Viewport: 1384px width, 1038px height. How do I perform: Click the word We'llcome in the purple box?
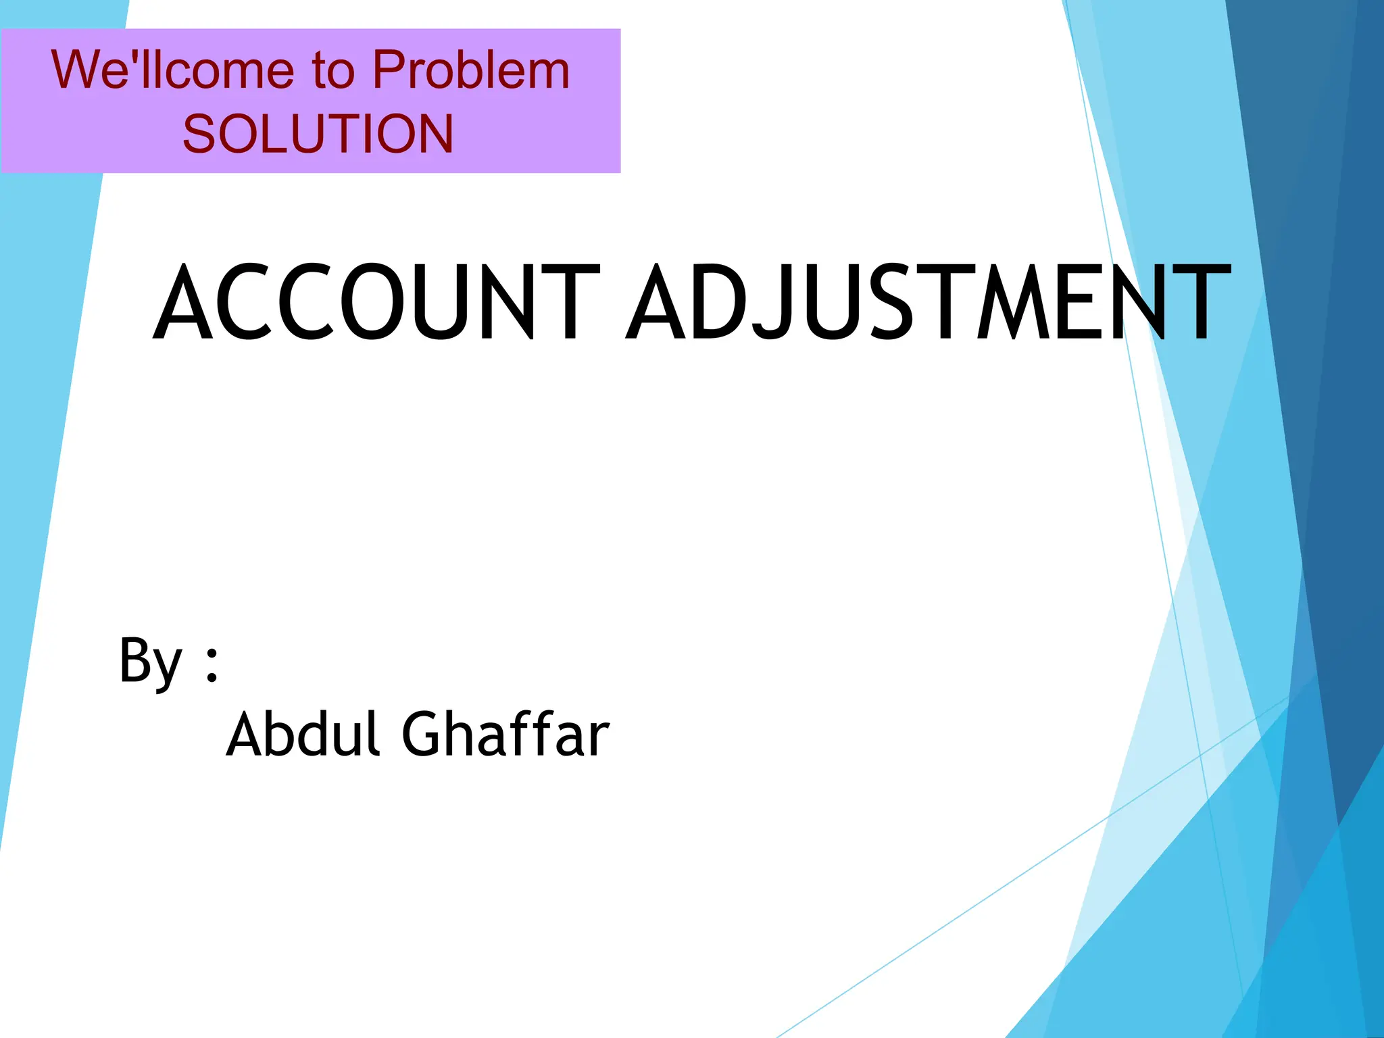coord(172,70)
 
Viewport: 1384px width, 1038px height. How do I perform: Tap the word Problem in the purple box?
coord(471,70)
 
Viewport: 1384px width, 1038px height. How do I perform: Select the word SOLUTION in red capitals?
coord(318,133)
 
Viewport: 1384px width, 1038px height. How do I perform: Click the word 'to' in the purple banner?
coord(332,71)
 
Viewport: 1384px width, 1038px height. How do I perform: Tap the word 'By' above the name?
coord(150,661)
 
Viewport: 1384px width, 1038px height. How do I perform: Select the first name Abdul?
coord(302,735)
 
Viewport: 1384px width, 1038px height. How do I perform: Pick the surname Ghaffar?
coord(505,735)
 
